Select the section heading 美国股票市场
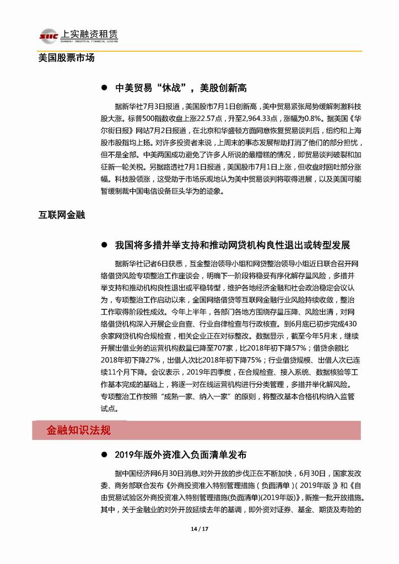point(67,57)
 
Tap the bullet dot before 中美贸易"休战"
point(103,88)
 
